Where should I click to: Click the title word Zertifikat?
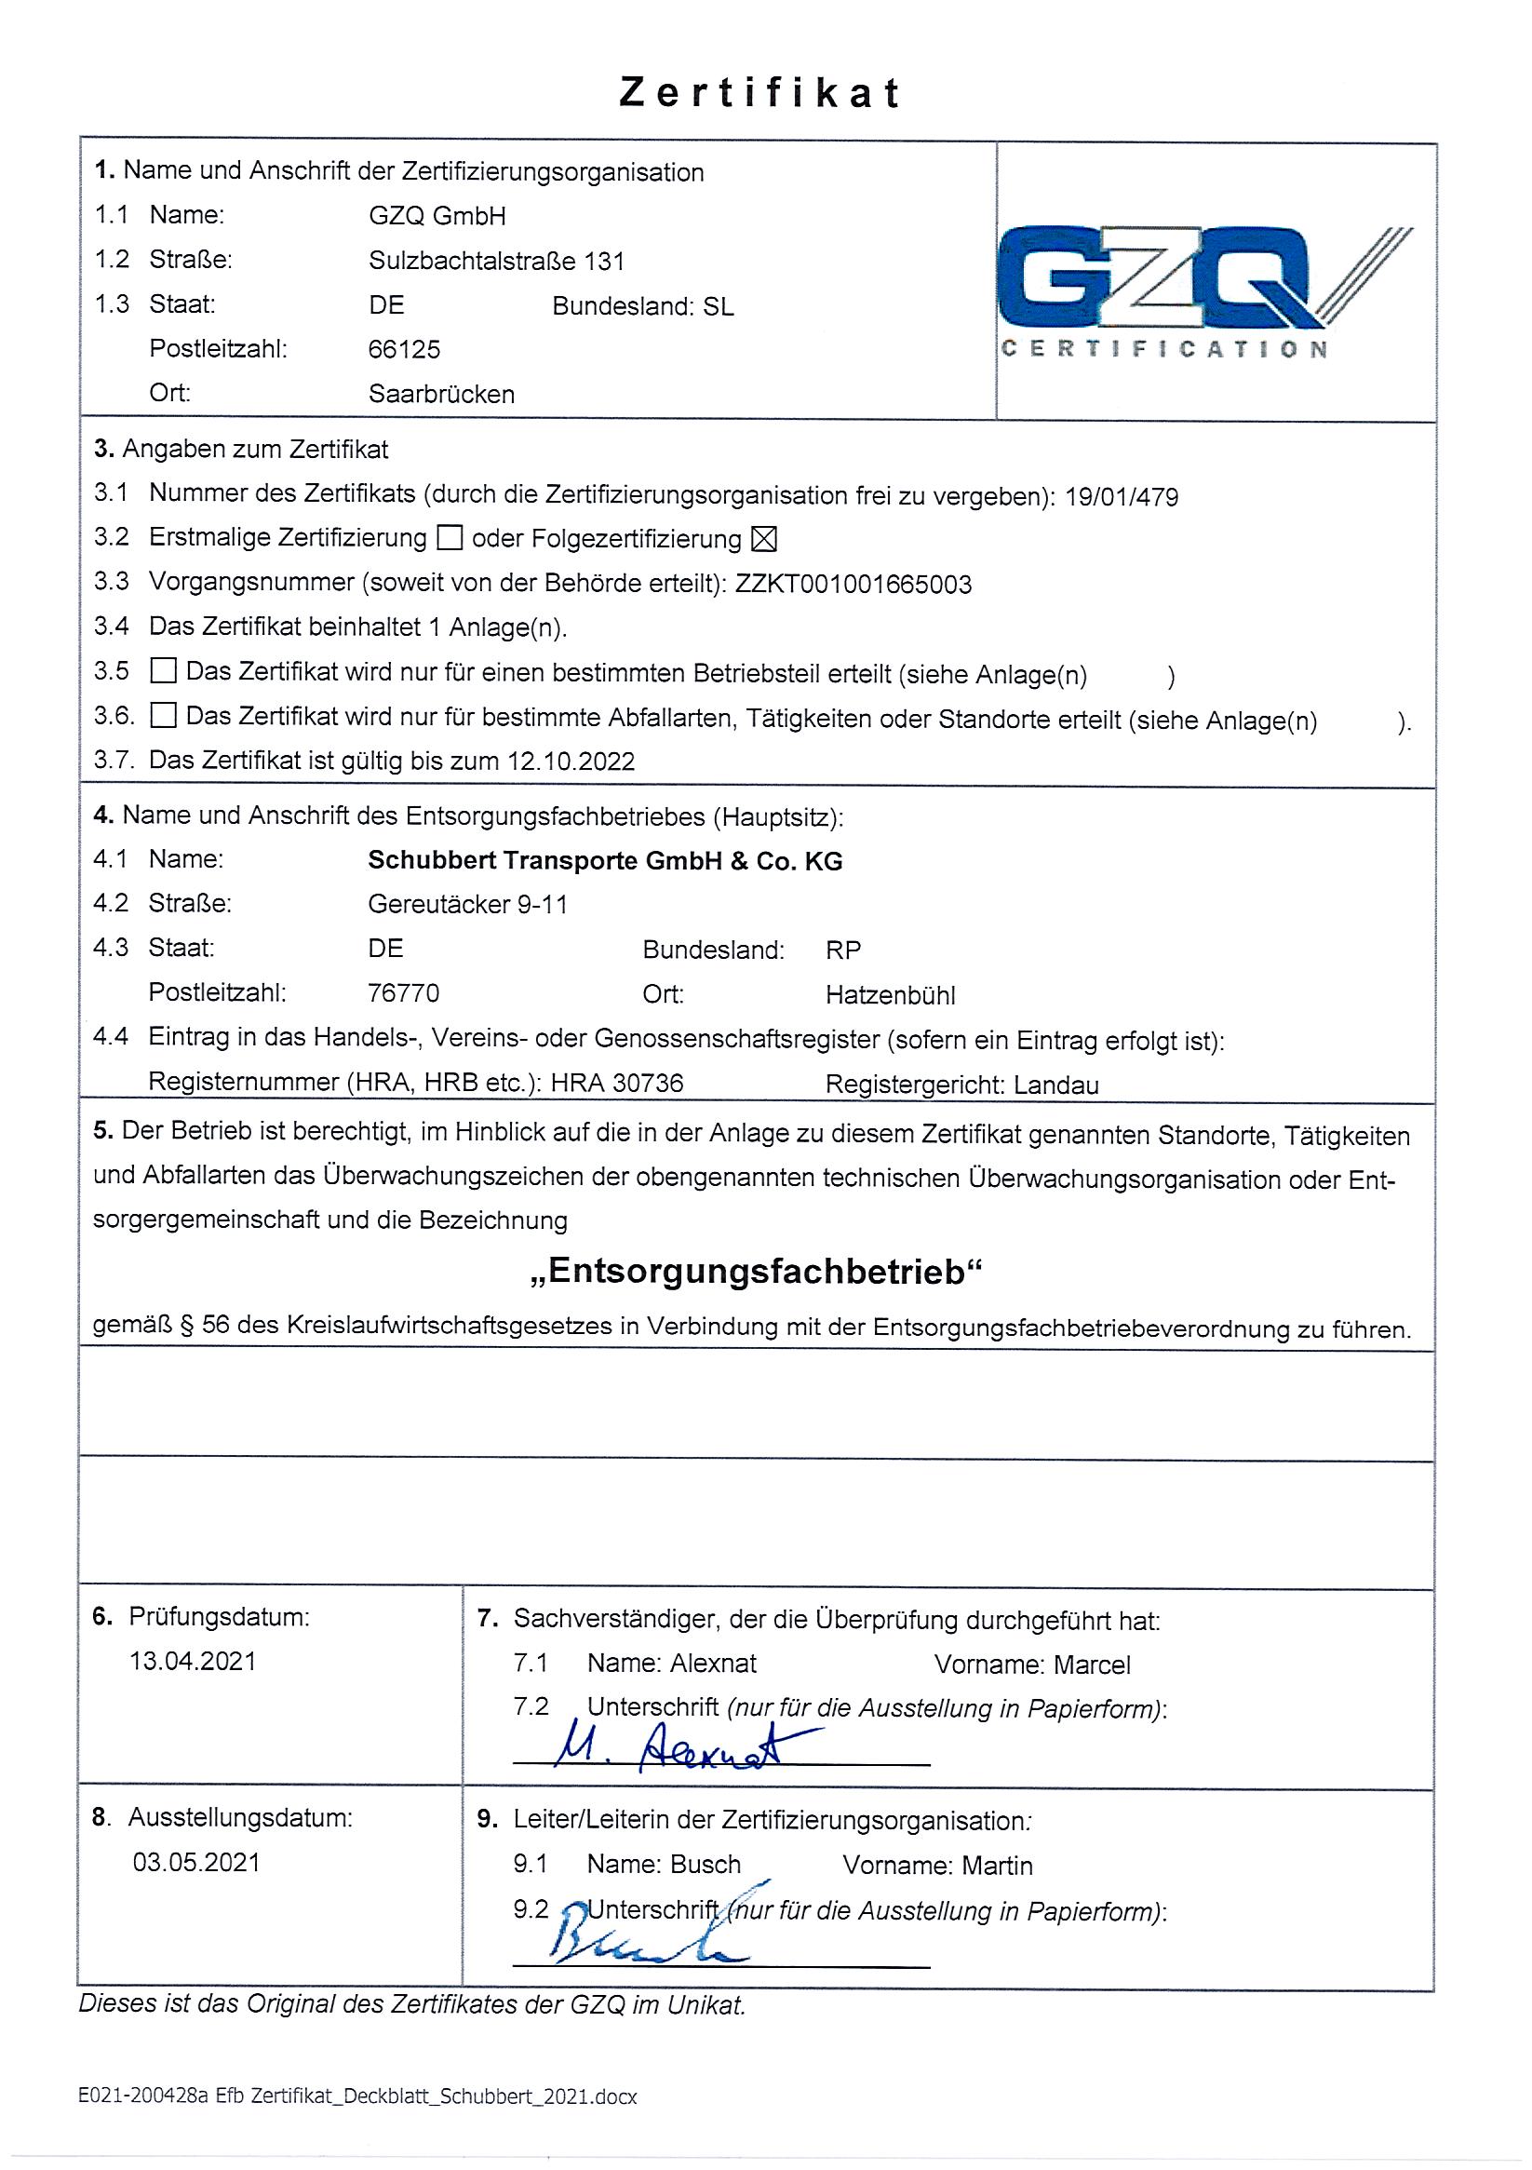click(759, 92)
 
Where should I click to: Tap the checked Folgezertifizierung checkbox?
click(762, 539)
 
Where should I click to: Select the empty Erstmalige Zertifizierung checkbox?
click(449, 539)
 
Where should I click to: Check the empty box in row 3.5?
click(164, 672)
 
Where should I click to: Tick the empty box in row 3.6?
click(164, 716)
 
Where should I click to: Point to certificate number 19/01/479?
click(1121, 497)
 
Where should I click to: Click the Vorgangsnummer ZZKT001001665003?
click(853, 584)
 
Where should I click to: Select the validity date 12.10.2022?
click(570, 762)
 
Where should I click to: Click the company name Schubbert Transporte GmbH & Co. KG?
click(605, 861)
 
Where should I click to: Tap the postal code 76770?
click(404, 993)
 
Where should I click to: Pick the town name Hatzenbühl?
click(891, 995)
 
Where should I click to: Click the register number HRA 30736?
click(617, 1083)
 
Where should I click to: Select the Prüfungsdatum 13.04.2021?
click(193, 1661)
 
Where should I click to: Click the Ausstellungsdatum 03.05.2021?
click(195, 1862)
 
